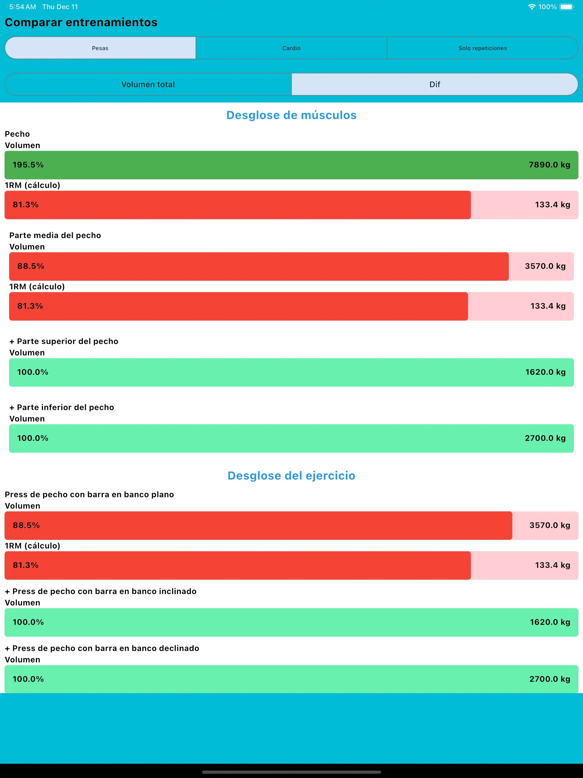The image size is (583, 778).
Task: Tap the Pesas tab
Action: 100,48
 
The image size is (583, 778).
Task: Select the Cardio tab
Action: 291,48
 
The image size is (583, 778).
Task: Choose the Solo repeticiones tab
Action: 483,48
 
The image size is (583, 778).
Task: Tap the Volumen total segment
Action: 148,84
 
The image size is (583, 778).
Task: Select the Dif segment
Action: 435,84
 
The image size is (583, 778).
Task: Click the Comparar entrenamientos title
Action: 81,22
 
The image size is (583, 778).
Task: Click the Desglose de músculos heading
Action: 291,115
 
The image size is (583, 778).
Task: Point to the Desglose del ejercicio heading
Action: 291,476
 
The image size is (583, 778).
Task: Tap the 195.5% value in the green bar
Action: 28,165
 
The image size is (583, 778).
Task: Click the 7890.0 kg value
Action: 549,165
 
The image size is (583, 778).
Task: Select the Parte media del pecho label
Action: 55,235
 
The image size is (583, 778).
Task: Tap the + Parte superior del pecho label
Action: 64,341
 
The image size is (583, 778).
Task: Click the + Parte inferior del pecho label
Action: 61,407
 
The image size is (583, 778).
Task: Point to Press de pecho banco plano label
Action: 89,495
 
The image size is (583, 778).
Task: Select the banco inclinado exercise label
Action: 100,591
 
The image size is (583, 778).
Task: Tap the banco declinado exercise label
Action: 102,648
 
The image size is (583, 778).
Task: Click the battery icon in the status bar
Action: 567,7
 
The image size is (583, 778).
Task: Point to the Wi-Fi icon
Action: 532,7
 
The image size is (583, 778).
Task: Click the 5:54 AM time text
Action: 22,7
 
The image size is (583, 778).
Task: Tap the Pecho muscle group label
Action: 17,134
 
